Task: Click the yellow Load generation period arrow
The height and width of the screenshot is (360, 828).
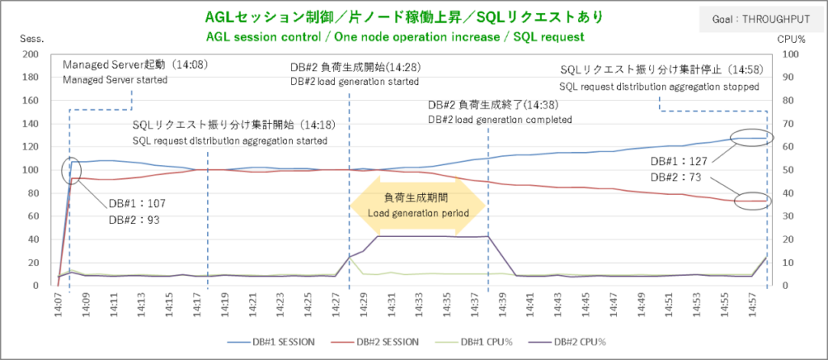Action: click(418, 204)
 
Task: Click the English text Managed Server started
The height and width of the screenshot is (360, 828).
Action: click(115, 80)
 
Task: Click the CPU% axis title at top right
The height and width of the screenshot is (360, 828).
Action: click(794, 38)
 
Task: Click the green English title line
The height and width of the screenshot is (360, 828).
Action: click(395, 37)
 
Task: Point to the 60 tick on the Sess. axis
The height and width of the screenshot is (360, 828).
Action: click(34, 216)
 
